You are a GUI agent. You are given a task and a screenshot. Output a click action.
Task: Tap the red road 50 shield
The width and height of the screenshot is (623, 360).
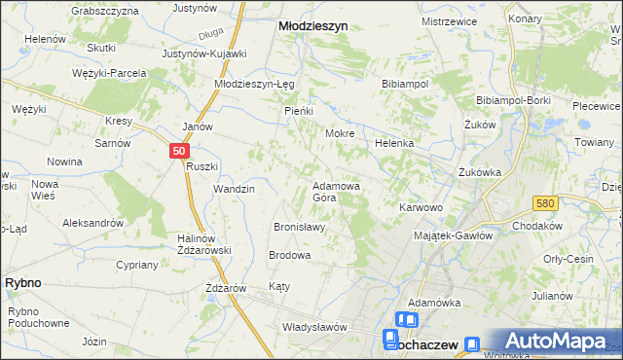[178, 151]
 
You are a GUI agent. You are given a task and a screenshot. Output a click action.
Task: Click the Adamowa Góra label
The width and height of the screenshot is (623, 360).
[337, 191]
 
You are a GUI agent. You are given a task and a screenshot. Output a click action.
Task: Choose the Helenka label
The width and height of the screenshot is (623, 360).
[395, 143]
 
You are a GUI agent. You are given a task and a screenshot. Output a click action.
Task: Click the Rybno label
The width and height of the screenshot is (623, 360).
[22, 281]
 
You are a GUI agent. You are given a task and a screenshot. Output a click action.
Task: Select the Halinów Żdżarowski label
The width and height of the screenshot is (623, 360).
[202, 244]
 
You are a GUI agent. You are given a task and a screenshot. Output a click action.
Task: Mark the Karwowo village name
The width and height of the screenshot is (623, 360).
[421, 207]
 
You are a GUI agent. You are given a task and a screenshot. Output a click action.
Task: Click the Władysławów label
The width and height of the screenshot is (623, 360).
[314, 327]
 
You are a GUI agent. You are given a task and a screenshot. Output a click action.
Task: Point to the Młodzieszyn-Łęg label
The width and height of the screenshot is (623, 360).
[254, 84]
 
